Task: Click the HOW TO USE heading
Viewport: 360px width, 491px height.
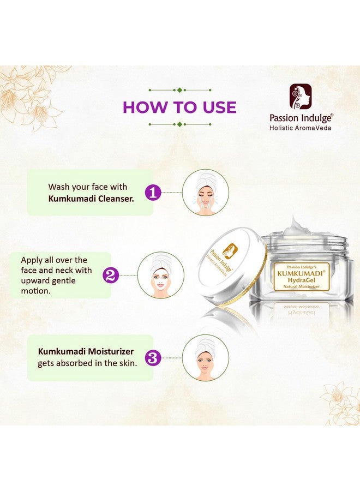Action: [x=179, y=107]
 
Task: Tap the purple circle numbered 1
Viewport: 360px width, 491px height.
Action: [x=153, y=192]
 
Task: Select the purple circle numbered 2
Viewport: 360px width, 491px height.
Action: [x=111, y=275]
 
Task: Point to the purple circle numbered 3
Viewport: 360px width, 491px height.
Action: [x=153, y=358]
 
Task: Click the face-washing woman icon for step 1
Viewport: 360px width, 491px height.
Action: [x=206, y=192]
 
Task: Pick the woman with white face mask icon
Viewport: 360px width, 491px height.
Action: [x=160, y=275]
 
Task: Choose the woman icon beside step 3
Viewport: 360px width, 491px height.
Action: [x=206, y=358]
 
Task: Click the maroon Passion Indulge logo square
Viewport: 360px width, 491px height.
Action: [x=301, y=97]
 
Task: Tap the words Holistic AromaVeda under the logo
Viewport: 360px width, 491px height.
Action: [x=301, y=128]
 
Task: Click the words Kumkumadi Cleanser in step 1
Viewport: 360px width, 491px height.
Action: [x=91, y=199]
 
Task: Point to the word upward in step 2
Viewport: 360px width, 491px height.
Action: [x=38, y=280]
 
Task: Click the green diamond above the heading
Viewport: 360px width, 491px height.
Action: [x=179, y=89]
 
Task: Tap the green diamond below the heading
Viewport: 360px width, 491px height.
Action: [x=179, y=124]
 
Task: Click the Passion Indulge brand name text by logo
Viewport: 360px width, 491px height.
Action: [x=301, y=117]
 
